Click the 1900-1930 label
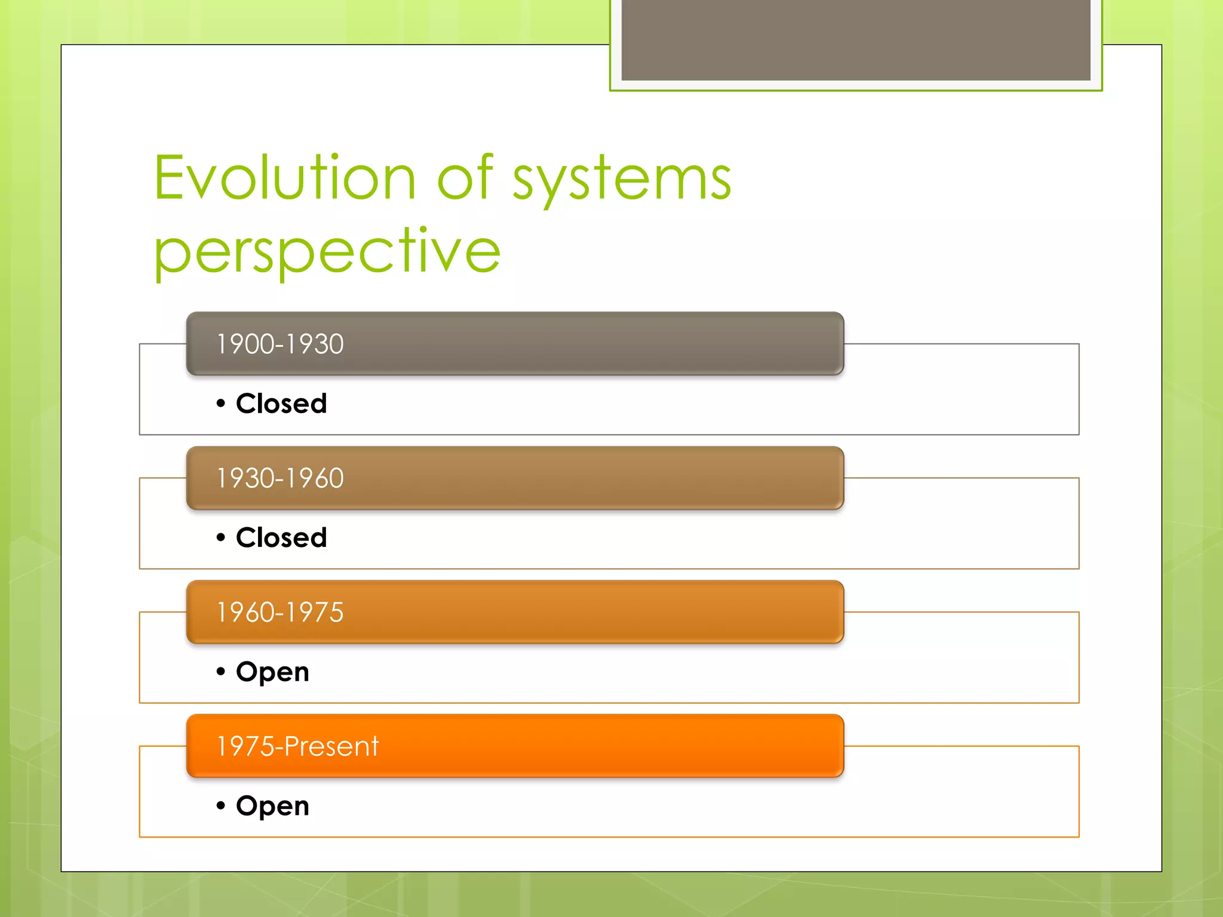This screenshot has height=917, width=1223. tap(279, 344)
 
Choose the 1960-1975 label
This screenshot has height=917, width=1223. tap(279, 613)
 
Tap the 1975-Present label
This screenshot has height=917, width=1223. tap(297, 747)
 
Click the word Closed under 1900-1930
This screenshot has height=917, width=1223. tap(281, 404)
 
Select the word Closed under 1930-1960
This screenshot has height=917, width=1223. tap(281, 538)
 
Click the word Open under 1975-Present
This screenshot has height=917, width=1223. tap(272, 807)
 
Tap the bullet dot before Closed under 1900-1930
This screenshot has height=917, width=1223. tap(221, 404)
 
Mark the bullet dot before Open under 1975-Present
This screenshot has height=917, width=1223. tap(221, 806)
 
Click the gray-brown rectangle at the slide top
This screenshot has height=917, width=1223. tap(856, 39)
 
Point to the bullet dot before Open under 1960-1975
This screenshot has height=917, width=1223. tap(221, 672)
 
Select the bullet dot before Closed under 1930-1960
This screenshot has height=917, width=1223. tap(221, 538)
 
